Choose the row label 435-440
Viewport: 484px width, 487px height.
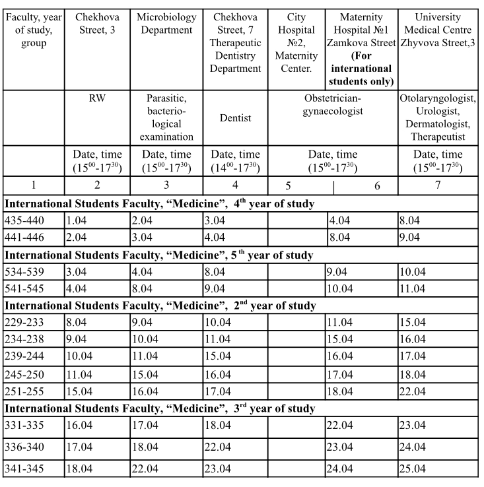[x=21, y=219]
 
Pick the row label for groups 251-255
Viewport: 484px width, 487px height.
[x=21, y=392]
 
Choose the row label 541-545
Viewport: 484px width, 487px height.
[x=21, y=288]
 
